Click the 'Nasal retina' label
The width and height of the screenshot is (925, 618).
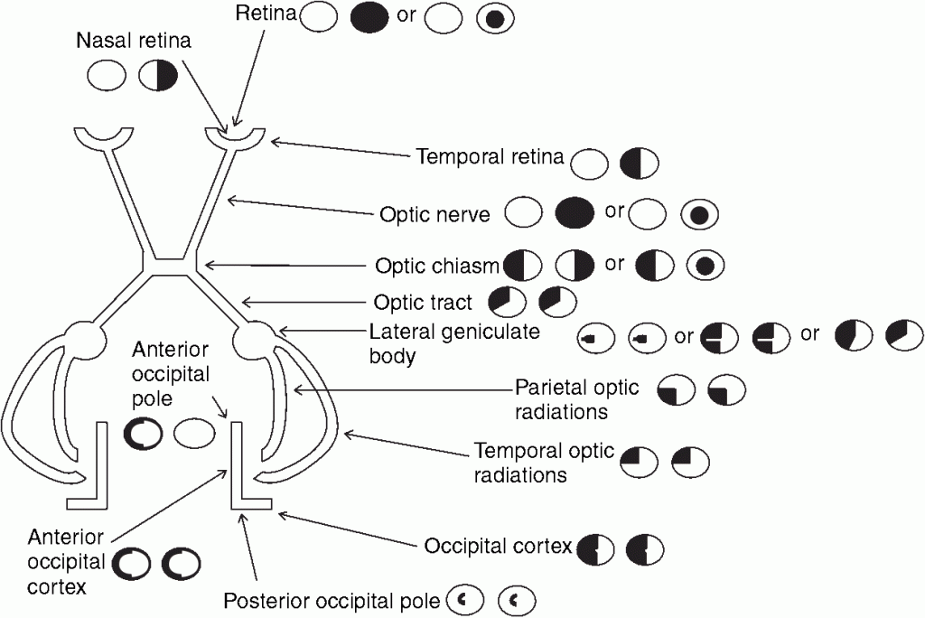click(134, 42)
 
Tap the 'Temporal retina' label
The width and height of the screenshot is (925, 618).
click(490, 157)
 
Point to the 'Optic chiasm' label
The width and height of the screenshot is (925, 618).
click(437, 266)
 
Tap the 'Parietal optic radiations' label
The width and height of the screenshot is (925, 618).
click(576, 399)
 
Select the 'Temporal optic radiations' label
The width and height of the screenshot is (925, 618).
click(544, 462)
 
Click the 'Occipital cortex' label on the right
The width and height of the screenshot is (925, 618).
click(498, 547)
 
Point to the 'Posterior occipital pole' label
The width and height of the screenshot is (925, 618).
click(332, 600)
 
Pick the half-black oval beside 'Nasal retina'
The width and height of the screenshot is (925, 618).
click(158, 75)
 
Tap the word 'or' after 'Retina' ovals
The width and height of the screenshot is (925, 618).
click(406, 15)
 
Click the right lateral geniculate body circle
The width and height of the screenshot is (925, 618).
click(254, 342)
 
